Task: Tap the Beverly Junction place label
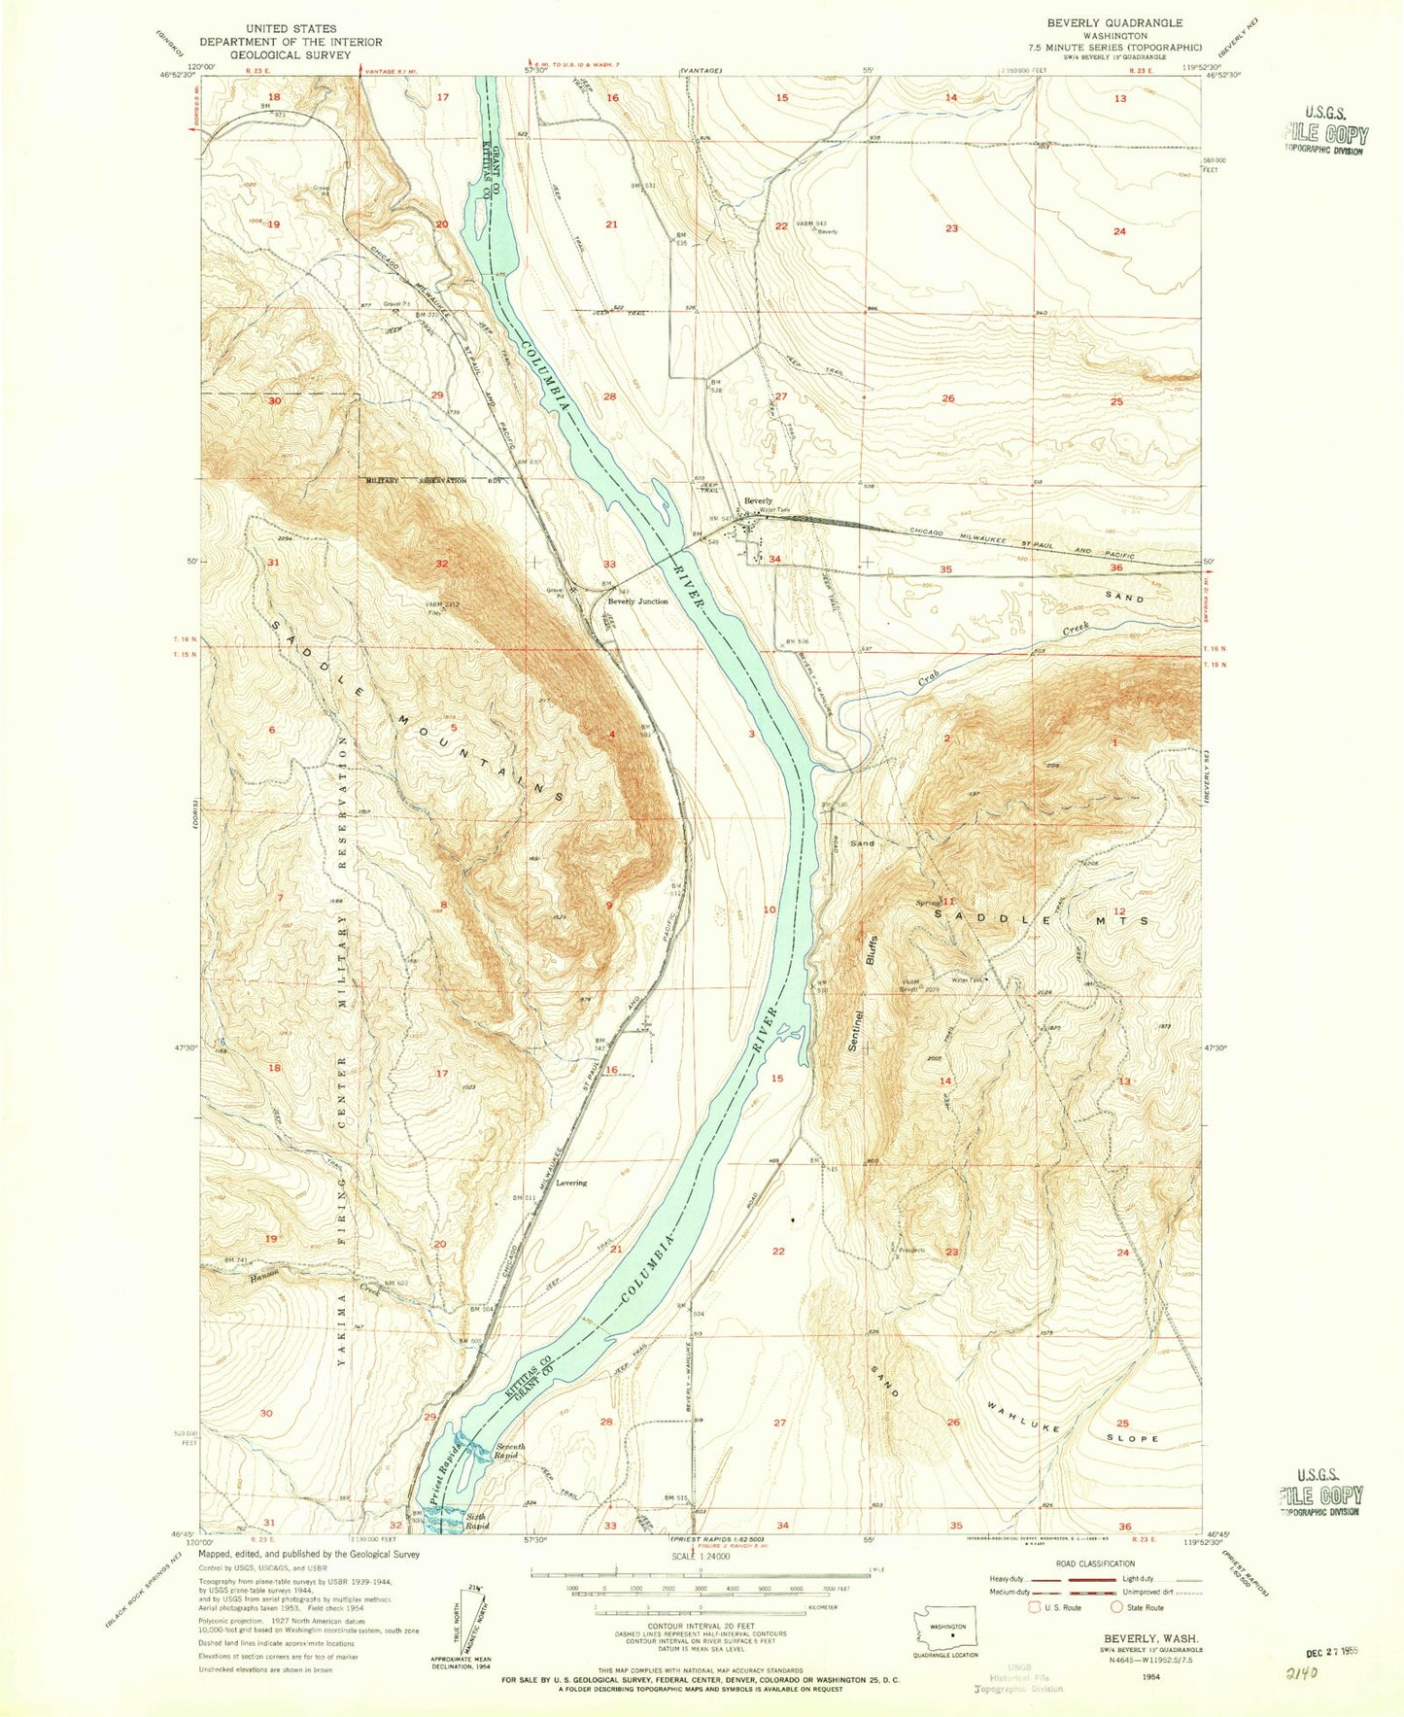(x=637, y=601)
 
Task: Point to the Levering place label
(x=571, y=1183)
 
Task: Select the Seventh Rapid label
(x=509, y=1452)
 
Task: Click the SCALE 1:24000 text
(x=700, y=1556)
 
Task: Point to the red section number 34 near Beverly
(x=774, y=560)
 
